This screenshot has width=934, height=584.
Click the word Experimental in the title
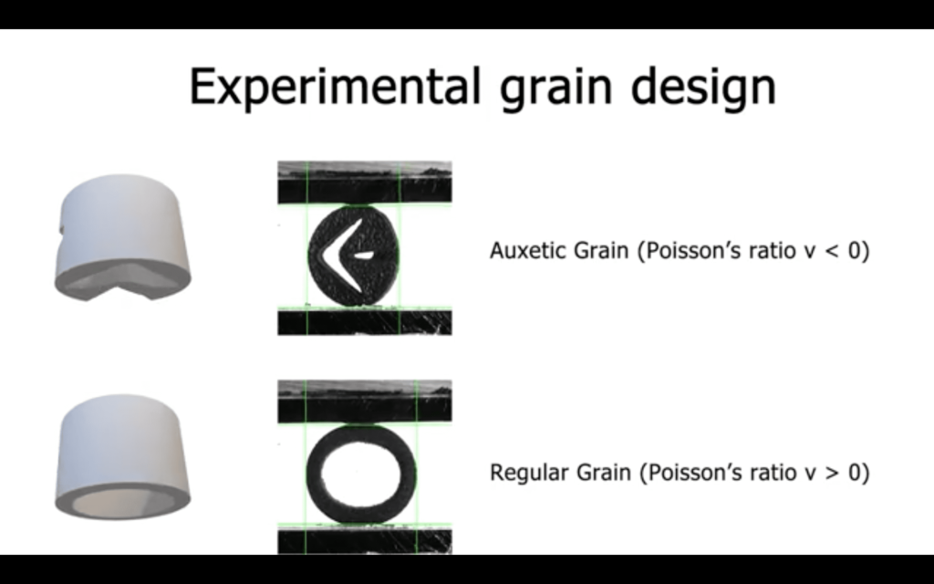tap(334, 88)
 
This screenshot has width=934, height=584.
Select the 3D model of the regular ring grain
tap(122, 456)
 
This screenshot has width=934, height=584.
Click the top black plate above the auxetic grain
tap(365, 189)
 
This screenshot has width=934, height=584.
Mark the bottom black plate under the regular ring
tap(365, 541)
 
